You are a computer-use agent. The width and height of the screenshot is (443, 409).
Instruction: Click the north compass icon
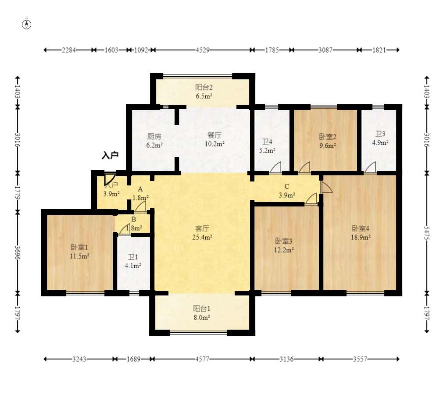pos(27,25)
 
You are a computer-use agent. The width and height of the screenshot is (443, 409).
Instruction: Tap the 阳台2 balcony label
pos(204,87)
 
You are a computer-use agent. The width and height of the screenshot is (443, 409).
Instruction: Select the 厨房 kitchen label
pos(154,137)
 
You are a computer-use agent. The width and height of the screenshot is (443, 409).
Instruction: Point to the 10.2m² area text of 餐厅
pos(215,144)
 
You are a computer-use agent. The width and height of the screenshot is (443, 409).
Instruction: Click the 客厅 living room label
pos(202,228)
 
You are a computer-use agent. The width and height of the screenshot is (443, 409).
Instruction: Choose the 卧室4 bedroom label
pos(361,228)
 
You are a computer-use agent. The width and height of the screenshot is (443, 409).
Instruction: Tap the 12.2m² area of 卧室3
pos(284,250)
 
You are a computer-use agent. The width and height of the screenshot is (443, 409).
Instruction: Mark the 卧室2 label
pos(328,137)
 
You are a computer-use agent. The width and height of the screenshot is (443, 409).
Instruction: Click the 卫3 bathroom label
pos(380,134)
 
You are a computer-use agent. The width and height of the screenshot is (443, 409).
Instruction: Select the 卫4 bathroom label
pos(267,142)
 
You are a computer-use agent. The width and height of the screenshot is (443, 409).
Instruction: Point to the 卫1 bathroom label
pos(133,257)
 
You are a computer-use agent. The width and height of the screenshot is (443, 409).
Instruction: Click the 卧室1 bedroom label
pos(79,247)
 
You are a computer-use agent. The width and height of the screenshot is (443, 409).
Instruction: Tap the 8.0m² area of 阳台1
pos(202,317)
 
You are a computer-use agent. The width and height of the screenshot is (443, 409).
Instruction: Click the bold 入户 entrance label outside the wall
pos(110,155)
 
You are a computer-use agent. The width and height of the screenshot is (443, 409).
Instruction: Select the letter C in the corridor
pos(287,186)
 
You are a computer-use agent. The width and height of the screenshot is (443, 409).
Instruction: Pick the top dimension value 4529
pos(203,50)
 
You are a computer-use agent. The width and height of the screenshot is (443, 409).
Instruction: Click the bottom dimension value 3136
pos(286,359)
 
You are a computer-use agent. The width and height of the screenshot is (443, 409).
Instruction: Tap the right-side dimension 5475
pos(427,233)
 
